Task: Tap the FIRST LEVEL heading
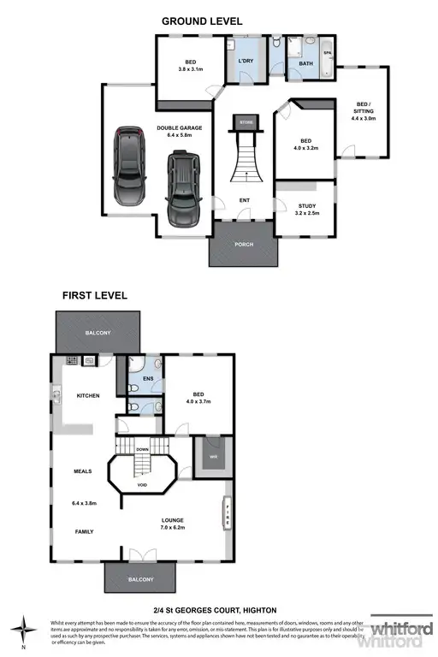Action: pyautogui.click(x=94, y=295)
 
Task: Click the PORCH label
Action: pyautogui.click(x=244, y=244)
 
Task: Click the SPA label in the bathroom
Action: pyautogui.click(x=327, y=52)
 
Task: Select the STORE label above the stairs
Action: pyautogui.click(x=245, y=122)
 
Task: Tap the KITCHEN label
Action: pyautogui.click(x=89, y=395)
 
